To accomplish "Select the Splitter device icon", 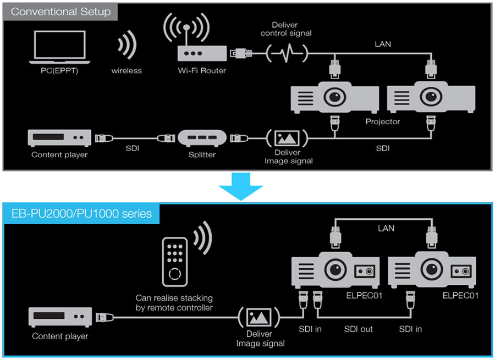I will point(202,137).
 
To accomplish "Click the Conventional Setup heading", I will point(61,11).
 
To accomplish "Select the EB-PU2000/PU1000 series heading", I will point(82,213).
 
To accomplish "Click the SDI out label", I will point(359,329).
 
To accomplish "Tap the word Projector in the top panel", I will point(383,121).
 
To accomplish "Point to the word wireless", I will point(127,70).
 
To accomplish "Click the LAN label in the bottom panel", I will point(386,228).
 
